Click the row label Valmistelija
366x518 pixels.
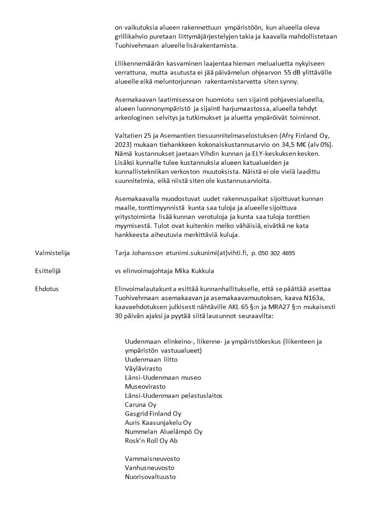tap(53, 253)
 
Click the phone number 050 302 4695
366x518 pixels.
tap(276, 253)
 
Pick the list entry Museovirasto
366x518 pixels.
tap(145, 386)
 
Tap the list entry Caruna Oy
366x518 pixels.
tap(141, 404)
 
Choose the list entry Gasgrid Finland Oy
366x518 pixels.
tap(153, 413)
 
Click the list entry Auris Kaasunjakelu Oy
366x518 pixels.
tap(158, 422)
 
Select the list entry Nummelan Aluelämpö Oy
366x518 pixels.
tap(164, 431)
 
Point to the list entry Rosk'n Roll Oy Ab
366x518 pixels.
tap(151, 440)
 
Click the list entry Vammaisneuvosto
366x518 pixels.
tap(152, 458)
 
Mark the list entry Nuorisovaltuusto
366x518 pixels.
tap(150, 476)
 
